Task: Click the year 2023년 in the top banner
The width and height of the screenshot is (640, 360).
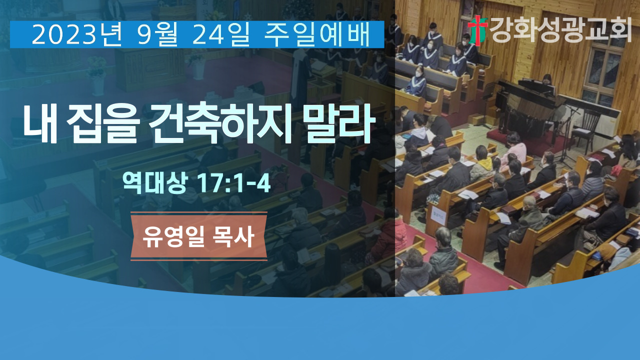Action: coord(76,35)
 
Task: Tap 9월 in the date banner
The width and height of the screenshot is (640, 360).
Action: coord(158,35)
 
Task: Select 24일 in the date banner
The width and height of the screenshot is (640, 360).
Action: coord(221,35)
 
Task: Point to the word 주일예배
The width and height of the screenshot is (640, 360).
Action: coord(317,35)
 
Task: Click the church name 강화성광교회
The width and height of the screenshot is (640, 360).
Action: coord(560,29)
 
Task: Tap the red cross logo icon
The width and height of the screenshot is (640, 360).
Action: coord(477,30)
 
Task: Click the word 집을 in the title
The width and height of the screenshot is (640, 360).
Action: coord(103,124)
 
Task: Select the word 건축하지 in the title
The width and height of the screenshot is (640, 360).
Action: coord(220,124)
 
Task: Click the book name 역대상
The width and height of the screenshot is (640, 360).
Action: coord(154,183)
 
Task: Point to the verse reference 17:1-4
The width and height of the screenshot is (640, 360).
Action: coord(233,183)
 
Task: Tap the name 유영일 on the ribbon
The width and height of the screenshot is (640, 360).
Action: coord(173,237)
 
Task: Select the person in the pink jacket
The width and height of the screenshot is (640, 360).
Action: coord(515,148)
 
